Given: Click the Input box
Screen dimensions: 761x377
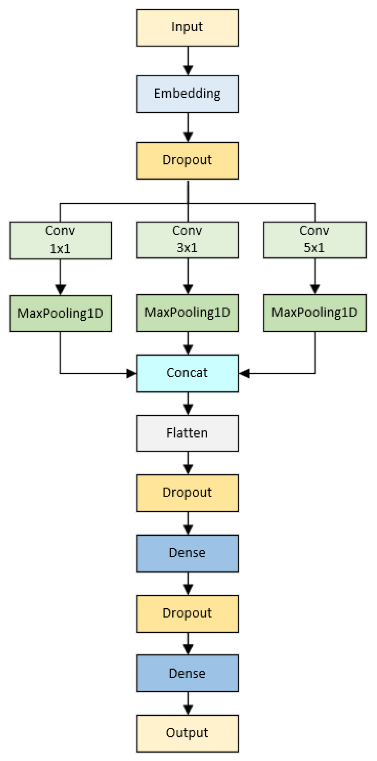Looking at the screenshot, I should (187, 28).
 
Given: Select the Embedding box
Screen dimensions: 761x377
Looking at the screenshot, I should (187, 94).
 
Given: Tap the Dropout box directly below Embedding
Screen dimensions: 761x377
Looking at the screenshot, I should (187, 160).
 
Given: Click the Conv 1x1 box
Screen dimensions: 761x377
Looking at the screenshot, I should (61, 240).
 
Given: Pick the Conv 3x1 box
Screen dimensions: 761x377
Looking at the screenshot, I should (187, 240).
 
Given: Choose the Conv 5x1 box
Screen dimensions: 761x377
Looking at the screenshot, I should (315, 240).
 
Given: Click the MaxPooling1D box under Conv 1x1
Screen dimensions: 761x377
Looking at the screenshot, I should (61, 313).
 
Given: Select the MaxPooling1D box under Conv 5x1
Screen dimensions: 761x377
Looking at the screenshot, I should (315, 313).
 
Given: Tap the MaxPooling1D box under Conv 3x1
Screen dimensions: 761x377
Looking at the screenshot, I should (187, 313).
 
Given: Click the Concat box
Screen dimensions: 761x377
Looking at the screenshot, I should (187, 373).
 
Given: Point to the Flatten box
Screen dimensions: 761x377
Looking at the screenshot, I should (187, 433).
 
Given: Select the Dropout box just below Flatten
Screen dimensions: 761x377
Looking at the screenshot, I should (187, 493).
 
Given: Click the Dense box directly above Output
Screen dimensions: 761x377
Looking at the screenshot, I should (187, 673).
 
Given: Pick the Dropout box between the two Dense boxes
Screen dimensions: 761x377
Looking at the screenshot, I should (187, 614).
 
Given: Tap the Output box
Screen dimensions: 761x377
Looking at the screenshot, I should (187, 733).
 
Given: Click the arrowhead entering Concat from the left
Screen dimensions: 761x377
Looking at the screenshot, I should (132, 373).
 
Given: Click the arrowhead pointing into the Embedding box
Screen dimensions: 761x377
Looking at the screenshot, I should (188, 70).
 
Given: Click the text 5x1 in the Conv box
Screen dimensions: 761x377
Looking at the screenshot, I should (314, 248).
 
